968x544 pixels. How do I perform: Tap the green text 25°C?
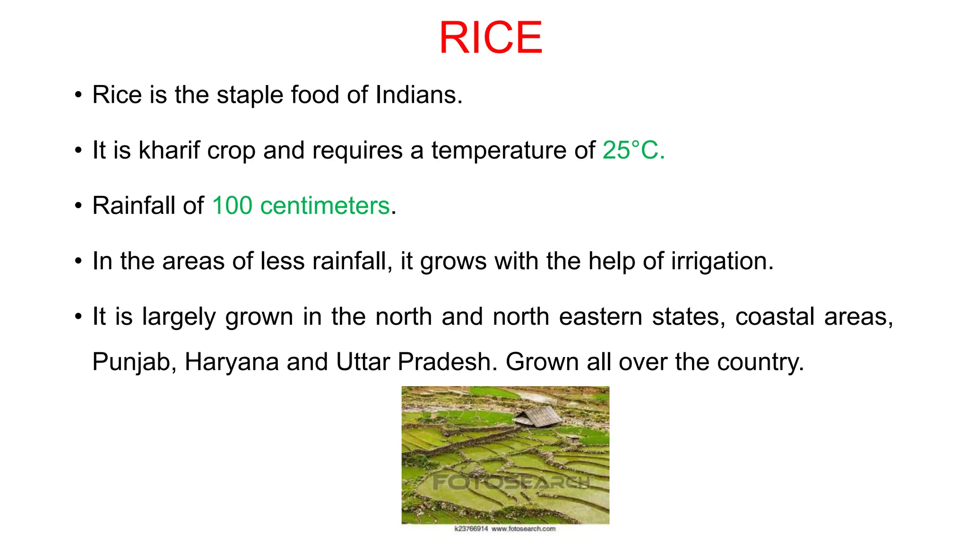(x=633, y=151)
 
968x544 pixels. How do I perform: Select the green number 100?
(x=232, y=206)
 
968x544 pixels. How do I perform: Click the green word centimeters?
(x=325, y=206)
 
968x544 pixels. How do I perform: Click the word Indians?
(x=418, y=95)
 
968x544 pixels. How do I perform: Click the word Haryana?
(x=232, y=363)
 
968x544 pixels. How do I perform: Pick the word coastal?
(x=775, y=316)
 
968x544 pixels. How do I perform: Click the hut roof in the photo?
(x=539, y=416)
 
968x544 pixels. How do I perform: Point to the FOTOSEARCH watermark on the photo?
(x=510, y=482)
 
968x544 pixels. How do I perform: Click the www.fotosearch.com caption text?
(x=523, y=529)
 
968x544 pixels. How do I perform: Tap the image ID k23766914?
(x=471, y=529)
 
